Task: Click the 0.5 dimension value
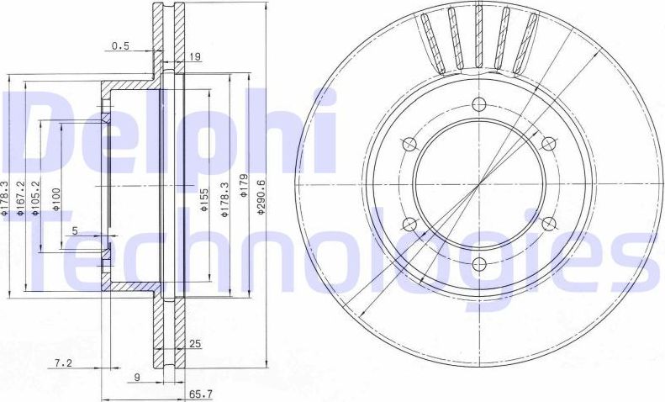tap(121, 47)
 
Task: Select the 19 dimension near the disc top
tap(195, 59)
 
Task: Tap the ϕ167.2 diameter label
tap(20, 198)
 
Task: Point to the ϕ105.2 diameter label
tap(36, 198)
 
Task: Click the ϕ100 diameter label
tap(57, 199)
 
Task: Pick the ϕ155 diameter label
tap(204, 198)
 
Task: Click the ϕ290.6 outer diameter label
tap(261, 198)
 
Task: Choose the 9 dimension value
tap(136, 378)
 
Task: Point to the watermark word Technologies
tap(336, 248)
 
